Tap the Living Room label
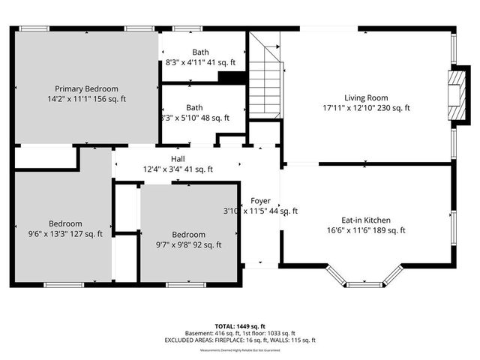(x=366, y=98)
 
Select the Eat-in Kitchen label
(x=365, y=220)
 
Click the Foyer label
(x=260, y=201)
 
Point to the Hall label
(x=178, y=159)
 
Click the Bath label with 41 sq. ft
(x=200, y=52)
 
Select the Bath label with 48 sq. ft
(x=195, y=107)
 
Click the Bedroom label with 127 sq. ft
(x=66, y=223)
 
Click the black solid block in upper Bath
(x=232, y=76)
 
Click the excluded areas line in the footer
(x=240, y=340)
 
